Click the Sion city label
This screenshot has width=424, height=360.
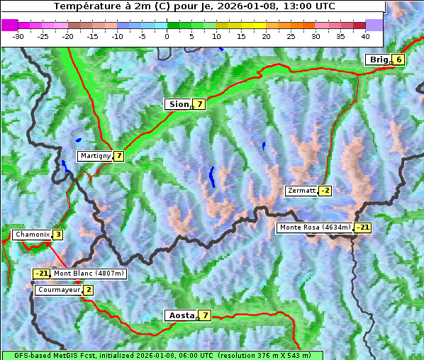pyautogui.click(x=178, y=104)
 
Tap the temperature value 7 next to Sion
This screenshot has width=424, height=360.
pyautogui.click(x=200, y=104)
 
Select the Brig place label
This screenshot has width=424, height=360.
pyautogui.click(x=379, y=60)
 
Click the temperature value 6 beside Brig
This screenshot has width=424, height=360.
pyautogui.click(x=399, y=60)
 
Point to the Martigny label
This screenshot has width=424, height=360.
pyautogui.click(x=94, y=156)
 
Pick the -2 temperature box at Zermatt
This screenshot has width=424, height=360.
pyautogui.click(x=325, y=191)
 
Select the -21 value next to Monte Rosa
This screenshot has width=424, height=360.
pyautogui.click(x=362, y=227)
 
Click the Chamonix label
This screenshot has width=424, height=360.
pyautogui.click(x=31, y=235)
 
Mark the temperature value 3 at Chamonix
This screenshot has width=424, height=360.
pyautogui.click(x=57, y=235)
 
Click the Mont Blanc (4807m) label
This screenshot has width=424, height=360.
pyautogui.click(x=89, y=274)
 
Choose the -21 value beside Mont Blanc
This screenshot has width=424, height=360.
pyautogui.click(x=41, y=274)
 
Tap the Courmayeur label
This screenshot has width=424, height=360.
pyautogui.click(x=58, y=290)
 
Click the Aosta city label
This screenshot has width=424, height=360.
pyautogui.click(x=180, y=315)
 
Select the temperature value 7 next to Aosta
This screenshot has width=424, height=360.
pyautogui.click(x=205, y=315)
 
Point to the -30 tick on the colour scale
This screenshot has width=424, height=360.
pyautogui.click(x=18, y=35)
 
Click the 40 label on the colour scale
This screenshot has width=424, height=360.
pyautogui.click(x=365, y=35)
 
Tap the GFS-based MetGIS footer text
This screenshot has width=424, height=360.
pyautogui.click(x=162, y=355)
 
